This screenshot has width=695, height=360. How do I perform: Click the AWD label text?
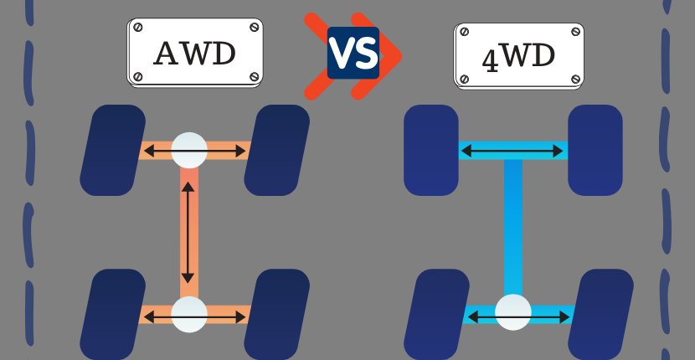point(194,54)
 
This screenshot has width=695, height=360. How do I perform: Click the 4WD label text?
point(518,58)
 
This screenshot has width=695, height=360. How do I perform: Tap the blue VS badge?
point(353,53)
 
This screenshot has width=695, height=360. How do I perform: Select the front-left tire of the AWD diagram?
point(112,150)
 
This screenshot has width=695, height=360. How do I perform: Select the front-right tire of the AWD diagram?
point(276,150)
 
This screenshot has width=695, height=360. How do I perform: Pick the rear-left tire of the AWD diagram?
point(112,314)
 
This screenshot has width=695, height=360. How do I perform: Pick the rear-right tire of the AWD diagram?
point(276,314)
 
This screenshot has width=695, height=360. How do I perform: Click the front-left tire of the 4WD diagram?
point(431,150)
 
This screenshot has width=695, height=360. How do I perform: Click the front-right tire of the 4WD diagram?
point(595,150)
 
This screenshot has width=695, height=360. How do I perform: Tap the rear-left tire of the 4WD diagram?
point(436,314)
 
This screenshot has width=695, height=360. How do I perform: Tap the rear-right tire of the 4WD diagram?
point(600,314)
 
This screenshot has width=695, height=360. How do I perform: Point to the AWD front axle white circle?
point(189,150)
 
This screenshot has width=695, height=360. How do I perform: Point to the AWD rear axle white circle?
point(189,314)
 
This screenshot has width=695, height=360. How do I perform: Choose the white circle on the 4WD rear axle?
point(512,312)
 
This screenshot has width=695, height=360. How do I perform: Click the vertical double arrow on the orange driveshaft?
point(188,232)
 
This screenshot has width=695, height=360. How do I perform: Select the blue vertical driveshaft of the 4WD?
point(512,226)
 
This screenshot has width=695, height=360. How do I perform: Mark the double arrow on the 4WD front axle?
point(512,152)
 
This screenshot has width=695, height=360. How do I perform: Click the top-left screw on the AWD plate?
point(138,28)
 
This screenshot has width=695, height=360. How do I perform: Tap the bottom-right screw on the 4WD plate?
point(575,79)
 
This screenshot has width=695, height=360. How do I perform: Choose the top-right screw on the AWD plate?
point(254,28)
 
